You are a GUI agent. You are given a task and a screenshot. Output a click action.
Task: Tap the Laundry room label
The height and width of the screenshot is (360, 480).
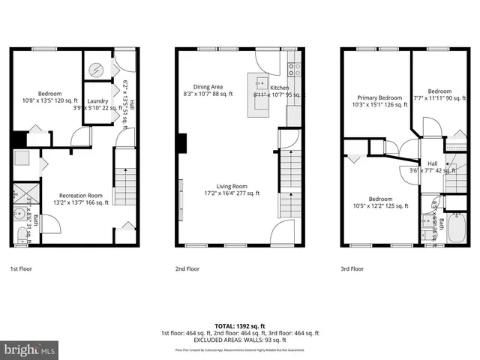click(x=98, y=101)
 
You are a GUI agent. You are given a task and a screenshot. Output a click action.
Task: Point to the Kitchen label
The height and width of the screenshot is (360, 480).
click(x=269, y=88)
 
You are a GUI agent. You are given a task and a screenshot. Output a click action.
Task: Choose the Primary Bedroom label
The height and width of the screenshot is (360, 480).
click(x=379, y=97)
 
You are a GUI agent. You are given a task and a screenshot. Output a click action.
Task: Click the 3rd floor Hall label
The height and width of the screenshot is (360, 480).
click(x=433, y=164)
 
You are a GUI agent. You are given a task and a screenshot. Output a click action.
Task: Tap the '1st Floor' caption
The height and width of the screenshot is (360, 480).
click(x=21, y=268)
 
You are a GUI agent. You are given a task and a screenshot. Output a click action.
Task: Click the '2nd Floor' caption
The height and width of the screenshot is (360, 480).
click(x=187, y=268)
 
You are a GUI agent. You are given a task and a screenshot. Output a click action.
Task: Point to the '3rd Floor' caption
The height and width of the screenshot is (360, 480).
click(x=352, y=268)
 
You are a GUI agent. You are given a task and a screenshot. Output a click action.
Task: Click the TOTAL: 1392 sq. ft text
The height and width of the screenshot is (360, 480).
click(x=239, y=326)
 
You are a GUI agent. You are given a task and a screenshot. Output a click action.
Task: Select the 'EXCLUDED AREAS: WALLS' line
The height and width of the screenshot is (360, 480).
click(x=239, y=340)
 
